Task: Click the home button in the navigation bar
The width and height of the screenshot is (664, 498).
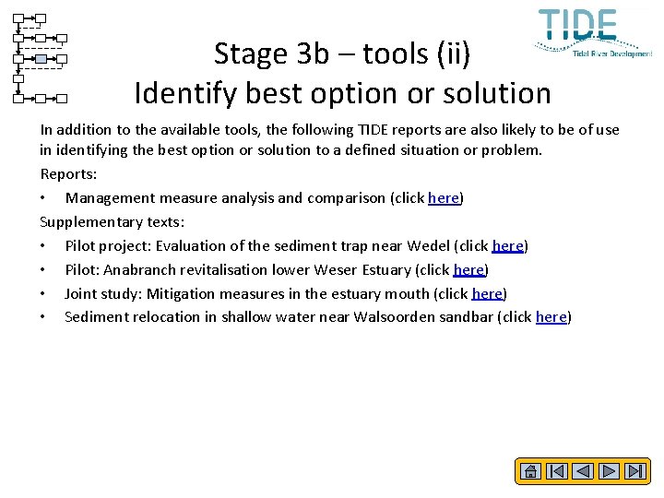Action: click(x=530, y=471)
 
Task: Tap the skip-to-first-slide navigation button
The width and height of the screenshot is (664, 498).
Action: click(x=556, y=471)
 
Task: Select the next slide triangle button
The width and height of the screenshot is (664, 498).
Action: click(x=609, y=471)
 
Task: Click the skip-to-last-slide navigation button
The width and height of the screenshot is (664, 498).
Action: click(x=635, y=471)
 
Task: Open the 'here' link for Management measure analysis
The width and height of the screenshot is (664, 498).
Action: click(x=444, y=197)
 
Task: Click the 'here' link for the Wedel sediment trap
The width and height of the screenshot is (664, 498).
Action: click(x=508, y=245)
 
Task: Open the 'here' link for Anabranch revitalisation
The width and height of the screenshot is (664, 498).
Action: click(x=469, y=269)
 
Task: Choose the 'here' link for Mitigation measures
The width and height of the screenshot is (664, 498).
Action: click(x=487, y=293)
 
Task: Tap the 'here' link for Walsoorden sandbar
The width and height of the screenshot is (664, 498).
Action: click(x=551, y=317)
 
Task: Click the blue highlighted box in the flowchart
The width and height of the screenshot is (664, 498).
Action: click(x=41, y=59)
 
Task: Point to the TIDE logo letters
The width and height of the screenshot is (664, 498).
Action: click(x=578, y=25)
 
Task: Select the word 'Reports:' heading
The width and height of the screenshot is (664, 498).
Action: click(x=69, y=173)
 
